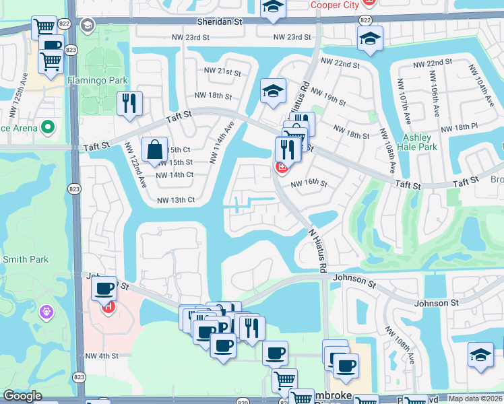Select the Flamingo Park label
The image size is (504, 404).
click(98, 80)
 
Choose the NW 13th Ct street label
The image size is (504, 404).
click(176, 200)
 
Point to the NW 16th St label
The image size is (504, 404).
click(309, 184)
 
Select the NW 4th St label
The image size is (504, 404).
click(102, 356)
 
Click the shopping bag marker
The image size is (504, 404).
click(154, 149)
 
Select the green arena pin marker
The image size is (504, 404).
click(48, 127)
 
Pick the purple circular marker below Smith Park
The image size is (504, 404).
click(46, 312)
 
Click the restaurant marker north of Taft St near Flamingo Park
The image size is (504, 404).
click(129, 103)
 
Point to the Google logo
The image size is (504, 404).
click(23, 396)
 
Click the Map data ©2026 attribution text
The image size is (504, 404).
click(476, 399)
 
